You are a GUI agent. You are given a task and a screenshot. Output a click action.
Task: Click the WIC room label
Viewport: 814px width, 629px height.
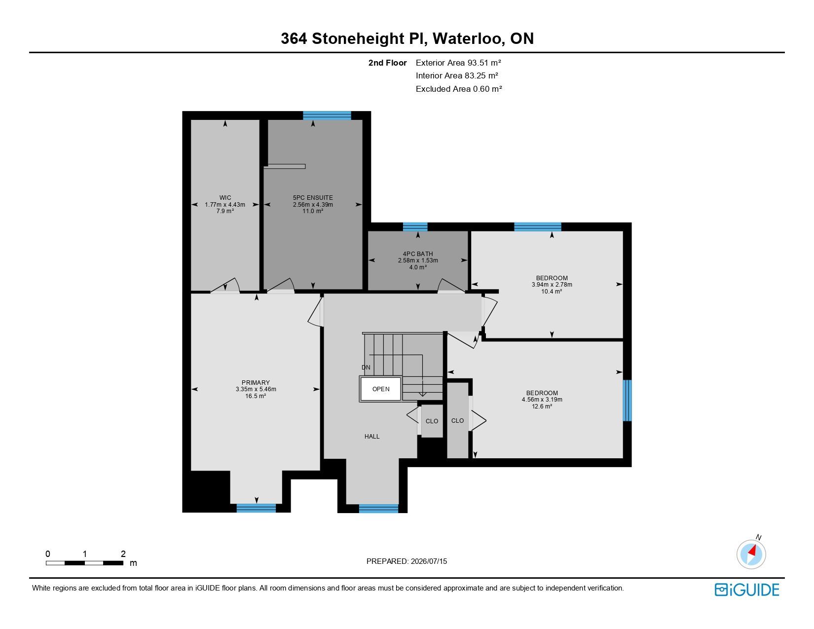click(x=225, y=197)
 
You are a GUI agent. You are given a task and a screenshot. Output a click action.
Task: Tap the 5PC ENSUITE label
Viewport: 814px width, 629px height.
click(x=313, y=197)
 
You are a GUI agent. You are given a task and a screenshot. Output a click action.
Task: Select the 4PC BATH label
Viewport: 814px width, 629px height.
click(x=418, y=254)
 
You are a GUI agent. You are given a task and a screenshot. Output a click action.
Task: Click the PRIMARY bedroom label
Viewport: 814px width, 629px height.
click(x=256, y=382)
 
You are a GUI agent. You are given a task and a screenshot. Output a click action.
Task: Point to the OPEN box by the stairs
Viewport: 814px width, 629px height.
click(x=380, y=389)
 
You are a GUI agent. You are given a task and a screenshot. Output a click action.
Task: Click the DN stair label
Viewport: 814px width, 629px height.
click(x=366, y=367)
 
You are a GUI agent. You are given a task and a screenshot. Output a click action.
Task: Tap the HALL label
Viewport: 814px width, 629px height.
click(x=372, y=436)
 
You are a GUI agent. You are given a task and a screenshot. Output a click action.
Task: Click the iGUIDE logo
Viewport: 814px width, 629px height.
click(x=746, y=590)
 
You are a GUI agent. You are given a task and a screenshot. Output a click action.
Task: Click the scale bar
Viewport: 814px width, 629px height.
click(x=85, y=563)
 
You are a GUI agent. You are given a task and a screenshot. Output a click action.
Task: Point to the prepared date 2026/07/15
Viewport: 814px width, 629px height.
click(x=429, y=561)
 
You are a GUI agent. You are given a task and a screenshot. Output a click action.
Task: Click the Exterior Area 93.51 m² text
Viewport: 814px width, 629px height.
click(x=458, y=63)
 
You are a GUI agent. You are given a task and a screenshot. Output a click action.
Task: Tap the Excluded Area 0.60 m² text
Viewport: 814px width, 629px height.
click(x=458, y=89)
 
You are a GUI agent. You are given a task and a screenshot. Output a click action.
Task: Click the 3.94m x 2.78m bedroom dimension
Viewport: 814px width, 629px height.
click(x=552, y=284)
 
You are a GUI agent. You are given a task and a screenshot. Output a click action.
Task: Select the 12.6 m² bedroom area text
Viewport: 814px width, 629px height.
click(x=542, y=406)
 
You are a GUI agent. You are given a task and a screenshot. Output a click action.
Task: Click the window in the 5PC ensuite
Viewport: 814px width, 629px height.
click(x=327, y=115)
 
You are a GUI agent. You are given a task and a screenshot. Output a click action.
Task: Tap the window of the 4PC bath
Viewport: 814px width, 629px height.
click(x=415, y=226)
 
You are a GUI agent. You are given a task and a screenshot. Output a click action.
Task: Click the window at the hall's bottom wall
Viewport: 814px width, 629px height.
click(x=378, y=508)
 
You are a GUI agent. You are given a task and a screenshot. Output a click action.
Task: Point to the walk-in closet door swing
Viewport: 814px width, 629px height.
click(x=225, y=285)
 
